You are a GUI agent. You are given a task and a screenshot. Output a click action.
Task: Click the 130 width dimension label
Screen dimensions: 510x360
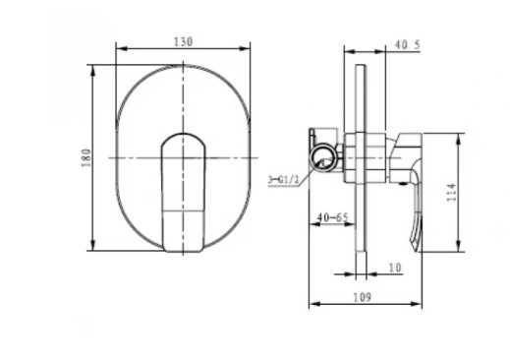click(183, 42)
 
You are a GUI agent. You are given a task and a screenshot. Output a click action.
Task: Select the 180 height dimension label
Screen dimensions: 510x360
click(86, 157)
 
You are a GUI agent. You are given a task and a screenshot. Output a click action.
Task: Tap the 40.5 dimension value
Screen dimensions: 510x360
click(407, 45)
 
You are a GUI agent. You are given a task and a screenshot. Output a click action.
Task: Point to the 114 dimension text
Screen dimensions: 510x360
click(451, 193)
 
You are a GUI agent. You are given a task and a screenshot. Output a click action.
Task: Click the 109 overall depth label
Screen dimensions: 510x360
click(363, 297)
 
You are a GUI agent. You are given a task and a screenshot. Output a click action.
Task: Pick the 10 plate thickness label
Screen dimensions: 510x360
click(395, 268)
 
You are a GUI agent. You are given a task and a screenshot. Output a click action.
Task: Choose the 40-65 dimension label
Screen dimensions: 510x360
click(332, 217)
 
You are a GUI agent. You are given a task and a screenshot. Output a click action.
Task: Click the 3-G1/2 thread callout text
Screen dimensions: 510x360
click(284, 180)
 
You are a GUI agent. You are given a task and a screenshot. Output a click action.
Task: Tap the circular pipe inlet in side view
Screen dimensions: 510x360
click(323, 157)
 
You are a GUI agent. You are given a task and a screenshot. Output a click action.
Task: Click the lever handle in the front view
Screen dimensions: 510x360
click(183, 193)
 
